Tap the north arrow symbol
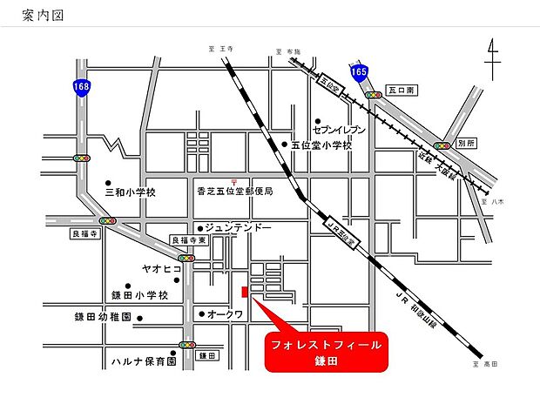tap(493, 58)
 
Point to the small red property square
tap(246, 291)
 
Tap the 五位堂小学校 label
tap(321, 145)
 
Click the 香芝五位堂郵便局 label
tap(235, 192)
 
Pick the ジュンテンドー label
tap(240, 228)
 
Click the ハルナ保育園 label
tap(144, 360)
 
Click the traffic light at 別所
tap(442, 146)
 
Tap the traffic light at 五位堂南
tap(374, 93)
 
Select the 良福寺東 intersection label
tap(188, 241)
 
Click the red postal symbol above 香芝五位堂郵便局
tap(223, 178)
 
